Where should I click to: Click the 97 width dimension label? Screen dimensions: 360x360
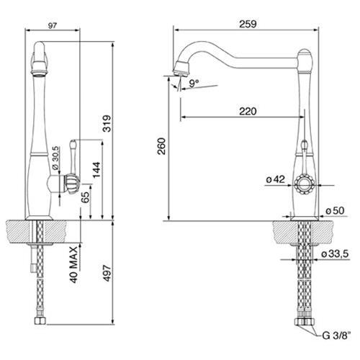coord(53,26)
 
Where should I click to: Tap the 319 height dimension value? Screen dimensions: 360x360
coord(107,124)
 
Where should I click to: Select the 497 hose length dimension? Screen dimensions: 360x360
coord(107,273)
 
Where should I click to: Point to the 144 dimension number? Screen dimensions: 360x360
coord(96,170)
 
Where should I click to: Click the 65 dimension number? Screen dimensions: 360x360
coord(85,197)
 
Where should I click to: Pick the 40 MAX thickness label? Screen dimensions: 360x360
coord(74,264)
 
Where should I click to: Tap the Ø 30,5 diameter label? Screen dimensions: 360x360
coord(55,158)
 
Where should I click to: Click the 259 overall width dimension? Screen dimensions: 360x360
coord(248,24)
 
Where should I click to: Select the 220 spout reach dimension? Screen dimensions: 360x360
coord(248,112)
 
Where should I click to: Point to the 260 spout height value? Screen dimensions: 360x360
coord(161,146)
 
